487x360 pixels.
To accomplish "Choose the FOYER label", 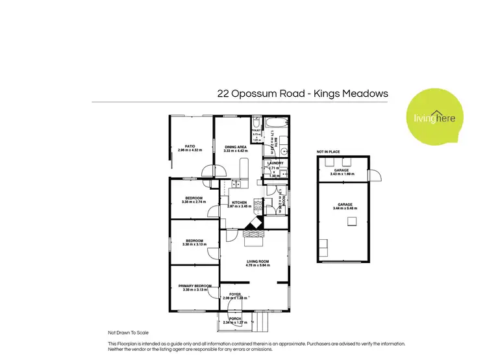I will point(234,294).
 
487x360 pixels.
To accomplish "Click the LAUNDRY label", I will point(275,163).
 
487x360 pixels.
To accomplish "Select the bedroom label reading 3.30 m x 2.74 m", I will point(194,198).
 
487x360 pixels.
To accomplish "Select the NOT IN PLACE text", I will point(328,152).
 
